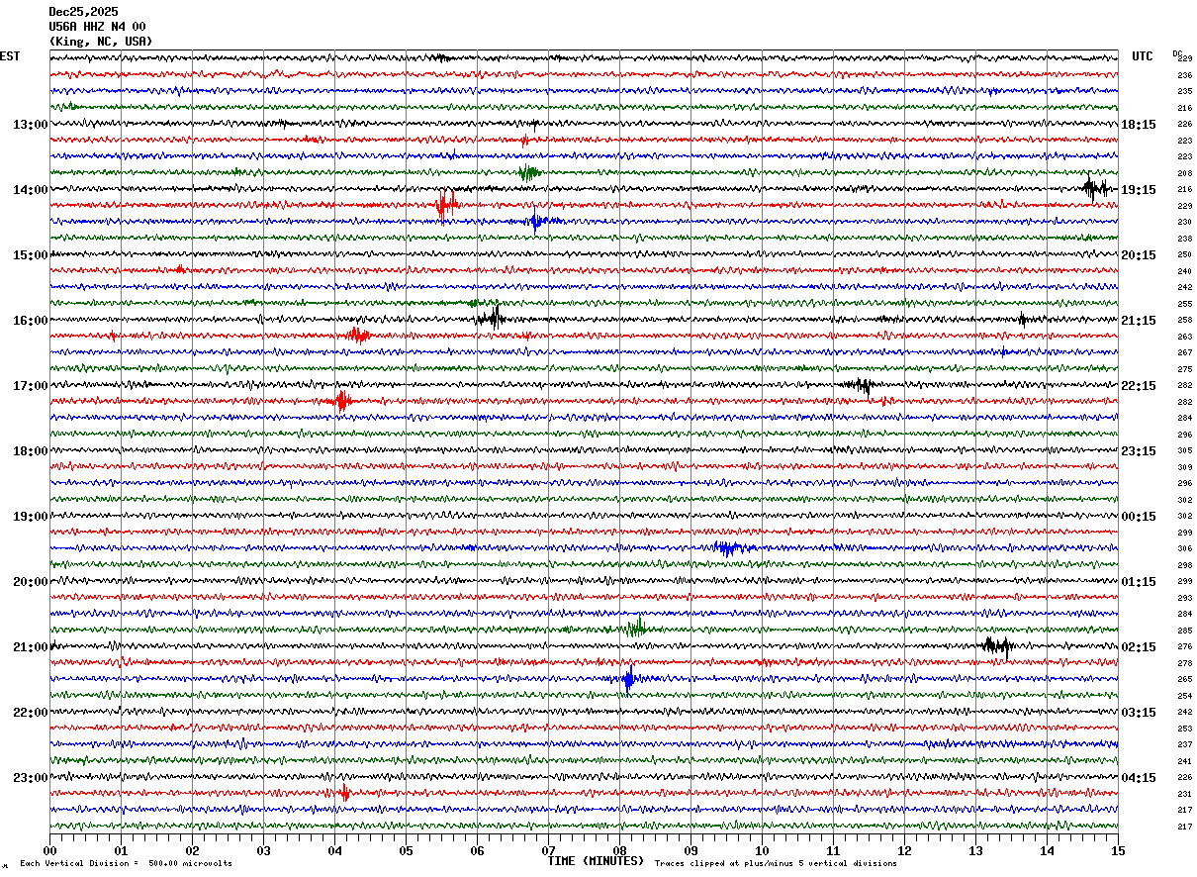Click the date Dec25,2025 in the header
[83, 12]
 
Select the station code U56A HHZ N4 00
[97, 27]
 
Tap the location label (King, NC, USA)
[101, 42]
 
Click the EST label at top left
[9, 56]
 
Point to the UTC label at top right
[1143, 56]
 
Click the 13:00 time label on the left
[30, 125]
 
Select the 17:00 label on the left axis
[30, 386]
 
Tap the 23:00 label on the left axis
[30, 778]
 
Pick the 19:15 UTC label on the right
[1140, 190]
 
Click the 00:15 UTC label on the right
[1140, 517]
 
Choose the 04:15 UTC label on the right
[1140, 778]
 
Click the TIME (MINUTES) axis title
[596, 861]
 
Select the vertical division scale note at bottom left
[126, 864]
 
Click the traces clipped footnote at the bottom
[776, 864]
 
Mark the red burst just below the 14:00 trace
[446, 206]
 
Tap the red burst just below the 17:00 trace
[342, 401]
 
